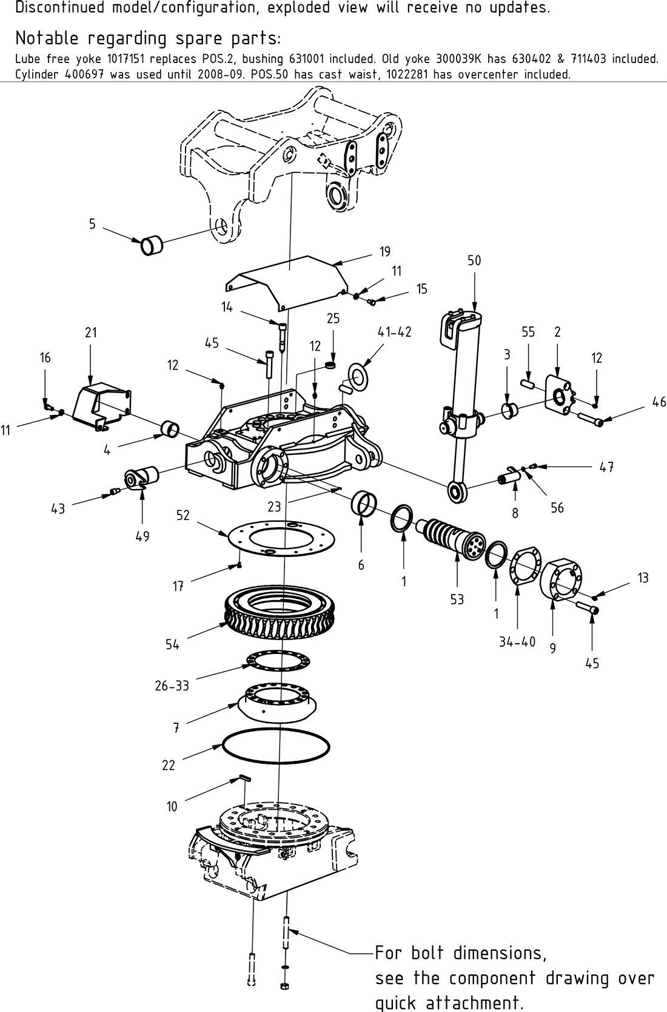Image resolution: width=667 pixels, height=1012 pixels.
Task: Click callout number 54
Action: click(x=172, y=644)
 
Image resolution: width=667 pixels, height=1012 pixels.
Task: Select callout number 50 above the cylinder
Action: click(x=474, y=260)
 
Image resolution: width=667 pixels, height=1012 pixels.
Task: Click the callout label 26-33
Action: click(x=172, y=686)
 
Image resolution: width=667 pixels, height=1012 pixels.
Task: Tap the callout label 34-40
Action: click(x=517, y=642)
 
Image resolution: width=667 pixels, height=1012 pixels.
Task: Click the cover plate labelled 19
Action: click(x=288, y=282)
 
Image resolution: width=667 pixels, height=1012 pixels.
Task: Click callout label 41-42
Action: click(x=394, y=332)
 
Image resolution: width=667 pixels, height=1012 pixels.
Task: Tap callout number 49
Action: click(x=142, y=536)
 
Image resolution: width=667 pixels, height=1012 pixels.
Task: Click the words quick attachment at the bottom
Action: click(x=449, y=1002)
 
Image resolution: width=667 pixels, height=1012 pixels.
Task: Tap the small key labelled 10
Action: click(x=243, y=777)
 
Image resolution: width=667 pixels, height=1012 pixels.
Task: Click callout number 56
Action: click(x=557, y=508)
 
